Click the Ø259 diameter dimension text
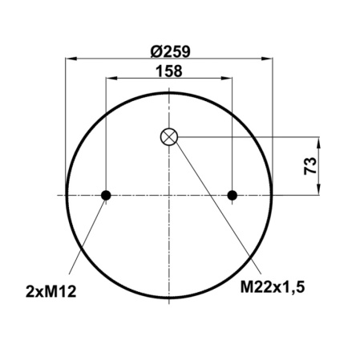(x=169, y=51)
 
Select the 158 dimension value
(x=168, y=71)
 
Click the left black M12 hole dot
(x=106, y=195)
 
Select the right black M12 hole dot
(x=233, y=195)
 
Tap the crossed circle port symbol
(x=169, y=136)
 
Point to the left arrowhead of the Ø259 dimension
(x=71, y=59)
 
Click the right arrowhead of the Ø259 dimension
(x=268, y=59)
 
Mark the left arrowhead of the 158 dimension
(x=110, y=79)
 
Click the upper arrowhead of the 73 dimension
(x=321, y=141)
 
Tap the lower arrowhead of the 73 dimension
(x=321, y=190)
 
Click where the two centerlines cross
(x=169, y=195)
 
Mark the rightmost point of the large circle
(x=273, y=195)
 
